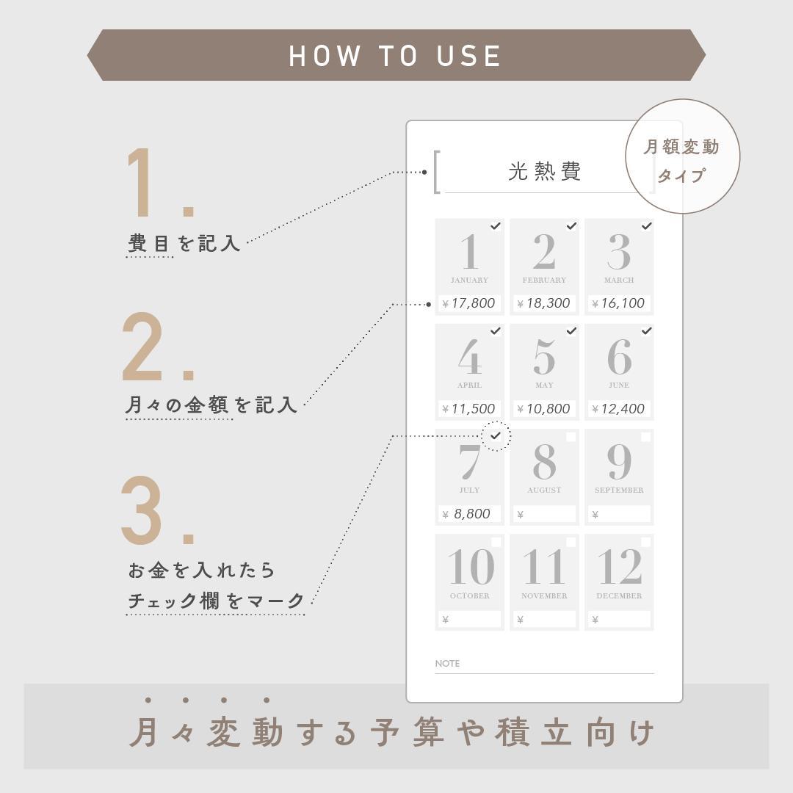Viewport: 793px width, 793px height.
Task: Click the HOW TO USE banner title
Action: click(x=395, y=56)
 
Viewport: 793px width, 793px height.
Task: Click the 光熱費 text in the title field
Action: click(x=544, y=171)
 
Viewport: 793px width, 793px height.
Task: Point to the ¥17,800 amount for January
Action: click(x=468, y=303)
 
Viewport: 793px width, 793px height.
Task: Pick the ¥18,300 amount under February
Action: click(x=543, y=303)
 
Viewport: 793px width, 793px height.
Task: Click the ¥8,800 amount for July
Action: click(x=466, y=514)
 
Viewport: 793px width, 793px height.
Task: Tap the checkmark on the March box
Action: click(x=646, y=226)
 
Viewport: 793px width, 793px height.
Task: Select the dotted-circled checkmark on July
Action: click(x=496, y=435)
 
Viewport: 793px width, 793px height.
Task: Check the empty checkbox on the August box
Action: click(x=571, y=437)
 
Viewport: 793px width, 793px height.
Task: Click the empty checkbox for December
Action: click(x=646, y=542)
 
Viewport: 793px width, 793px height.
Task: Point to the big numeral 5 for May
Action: click(x=544, y=357)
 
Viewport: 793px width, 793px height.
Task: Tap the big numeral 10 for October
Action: click(x=471, y=566)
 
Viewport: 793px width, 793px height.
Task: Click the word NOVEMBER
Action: click(x=544, y=595)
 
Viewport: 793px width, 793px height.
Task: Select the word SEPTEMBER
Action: click(x=619, y=490)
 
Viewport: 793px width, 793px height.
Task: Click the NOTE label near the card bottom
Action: click(x=447, y=664)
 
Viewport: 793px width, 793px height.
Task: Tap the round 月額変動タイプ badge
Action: click(x=683, y=156)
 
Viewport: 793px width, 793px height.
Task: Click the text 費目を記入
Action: click(x=184, y=243)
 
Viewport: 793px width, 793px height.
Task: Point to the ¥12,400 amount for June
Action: click(x=618, y=409)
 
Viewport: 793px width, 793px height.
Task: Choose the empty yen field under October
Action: click(x=469, y=619)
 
